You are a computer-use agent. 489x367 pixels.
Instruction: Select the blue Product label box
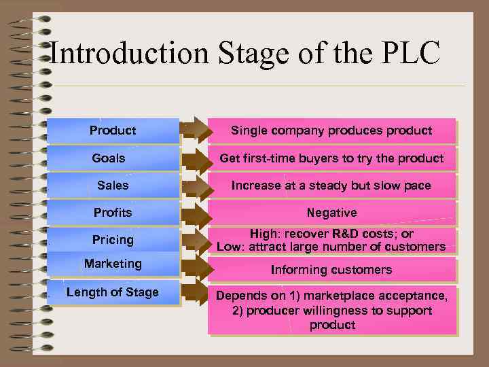pos(113,130)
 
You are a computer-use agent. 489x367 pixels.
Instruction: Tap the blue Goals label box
pos(113,158)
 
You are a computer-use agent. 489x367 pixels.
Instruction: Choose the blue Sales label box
pos(113,185)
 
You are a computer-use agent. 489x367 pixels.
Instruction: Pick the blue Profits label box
pos(113,213)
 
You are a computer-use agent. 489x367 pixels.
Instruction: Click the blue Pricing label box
pos(113,240)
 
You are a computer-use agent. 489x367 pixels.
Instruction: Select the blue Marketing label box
pos(113,264)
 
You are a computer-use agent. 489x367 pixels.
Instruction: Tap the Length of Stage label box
pos(113,292)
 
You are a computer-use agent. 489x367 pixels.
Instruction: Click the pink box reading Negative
pos(331,213)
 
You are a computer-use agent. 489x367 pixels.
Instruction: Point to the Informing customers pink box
pos(331,270)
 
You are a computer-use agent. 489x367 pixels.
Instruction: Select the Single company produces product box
pos(331,130)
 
